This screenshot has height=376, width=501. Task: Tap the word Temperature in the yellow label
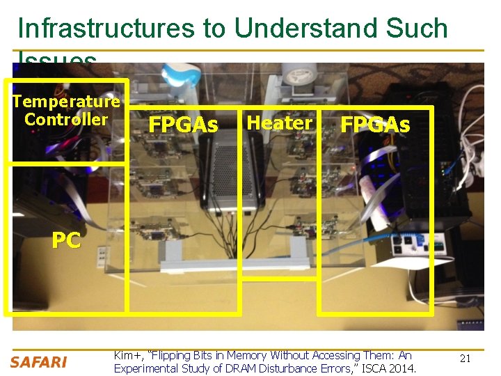click(x=66, y=102)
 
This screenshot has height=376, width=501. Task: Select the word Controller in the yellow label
click(x=66, y=119)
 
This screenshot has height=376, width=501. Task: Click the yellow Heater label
click(x=280, y=123)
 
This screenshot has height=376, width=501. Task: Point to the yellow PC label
click(x=66, y=240)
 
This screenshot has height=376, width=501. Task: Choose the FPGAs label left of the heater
click(x=184, y=125)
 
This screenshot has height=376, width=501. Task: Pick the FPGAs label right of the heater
click(x=375, y=125)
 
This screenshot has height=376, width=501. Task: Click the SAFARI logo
click(x=38, y=362)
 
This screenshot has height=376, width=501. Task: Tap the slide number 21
click(x=466, y=358)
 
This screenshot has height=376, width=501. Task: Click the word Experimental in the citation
click(x=146, y=368)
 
